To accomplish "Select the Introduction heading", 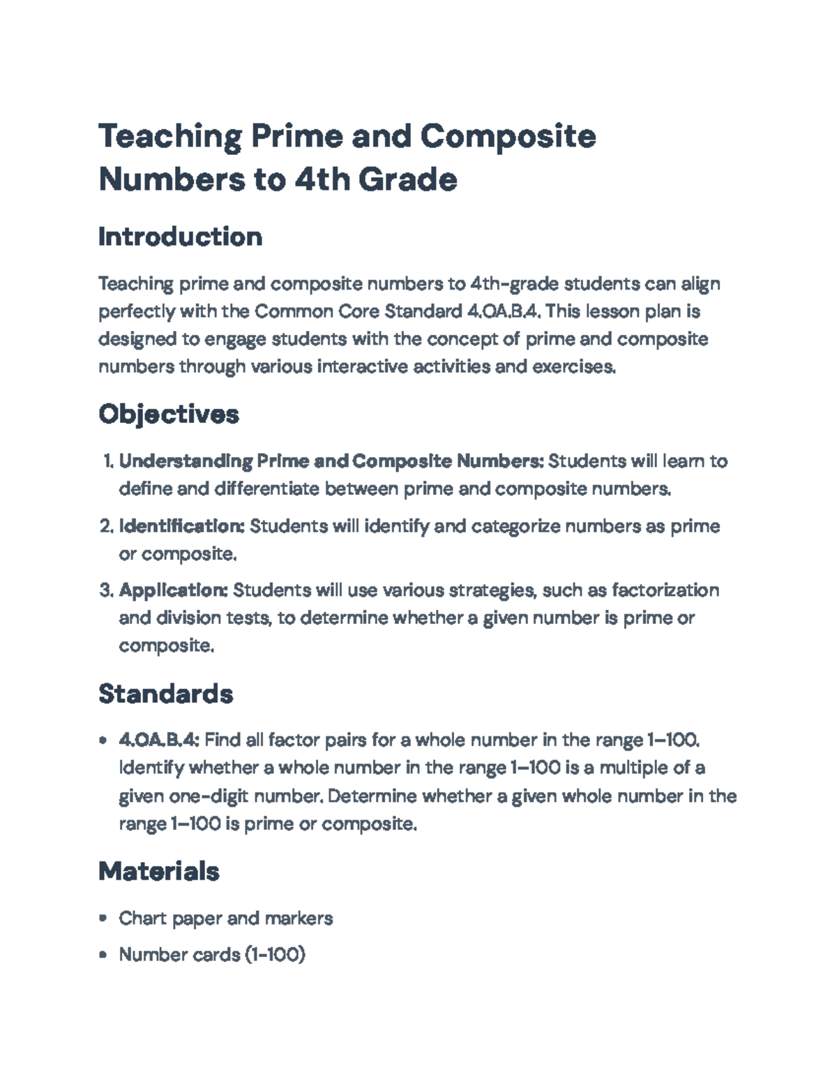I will pyautogui.click(x=180, y=237).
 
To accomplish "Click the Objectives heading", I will pyautogui.click(x=169, y=414).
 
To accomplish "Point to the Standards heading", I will pyautogui.click(x=166, y=693).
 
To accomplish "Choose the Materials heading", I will pyautogui.click(x=159, y=870).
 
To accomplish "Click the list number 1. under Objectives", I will pyautogui.click(x=107, y=461).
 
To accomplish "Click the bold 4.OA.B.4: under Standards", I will pyautogui.click(x=160, y=740).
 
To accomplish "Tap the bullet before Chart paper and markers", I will pyautogui.click(x=104, y=918).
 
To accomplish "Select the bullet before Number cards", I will pyautogui.click(x=104, y=954).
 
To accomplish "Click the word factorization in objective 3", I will pyautogui.click(x=665, y=591).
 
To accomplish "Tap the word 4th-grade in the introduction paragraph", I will pyautogui.click(x=513, y=284).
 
